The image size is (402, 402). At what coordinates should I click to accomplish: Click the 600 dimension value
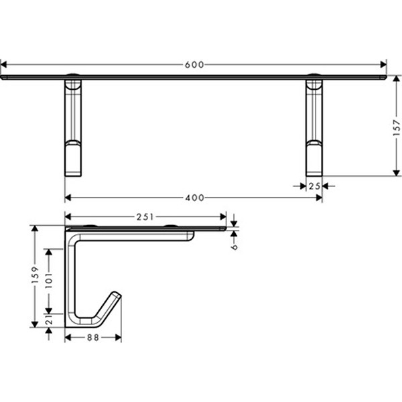194,64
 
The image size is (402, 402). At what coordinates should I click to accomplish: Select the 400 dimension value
194,198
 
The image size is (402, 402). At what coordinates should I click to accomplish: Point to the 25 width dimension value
314,186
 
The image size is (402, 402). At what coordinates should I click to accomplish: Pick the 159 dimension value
36,276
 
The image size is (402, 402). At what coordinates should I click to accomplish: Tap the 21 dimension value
48,322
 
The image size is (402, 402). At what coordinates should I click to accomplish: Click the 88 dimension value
92,338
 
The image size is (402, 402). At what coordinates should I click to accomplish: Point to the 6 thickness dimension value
234,246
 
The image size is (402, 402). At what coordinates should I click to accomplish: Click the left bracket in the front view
73,127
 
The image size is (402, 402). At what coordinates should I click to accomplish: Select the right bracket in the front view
314,127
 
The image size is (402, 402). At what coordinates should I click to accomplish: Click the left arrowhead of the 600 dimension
3,64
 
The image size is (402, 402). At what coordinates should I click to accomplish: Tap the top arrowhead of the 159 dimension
36,228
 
